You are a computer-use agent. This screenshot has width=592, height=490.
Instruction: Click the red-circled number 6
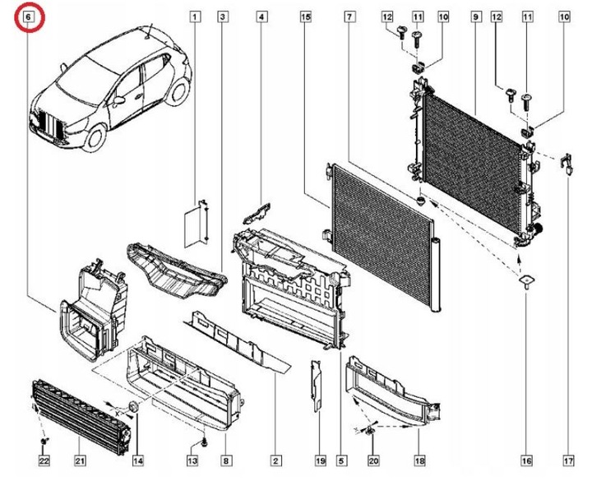pos(29,16)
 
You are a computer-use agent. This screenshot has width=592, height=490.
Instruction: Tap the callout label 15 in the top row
pos(306,16)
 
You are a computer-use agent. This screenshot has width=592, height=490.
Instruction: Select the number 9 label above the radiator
pos(476,16)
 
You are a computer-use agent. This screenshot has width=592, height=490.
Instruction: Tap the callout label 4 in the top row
pos(261,16)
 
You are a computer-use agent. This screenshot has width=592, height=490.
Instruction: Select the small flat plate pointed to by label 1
pos(192,224)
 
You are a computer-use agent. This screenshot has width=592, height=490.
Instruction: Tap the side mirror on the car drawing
pos(120,99)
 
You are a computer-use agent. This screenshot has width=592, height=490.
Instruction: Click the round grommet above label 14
pos(132,409)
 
